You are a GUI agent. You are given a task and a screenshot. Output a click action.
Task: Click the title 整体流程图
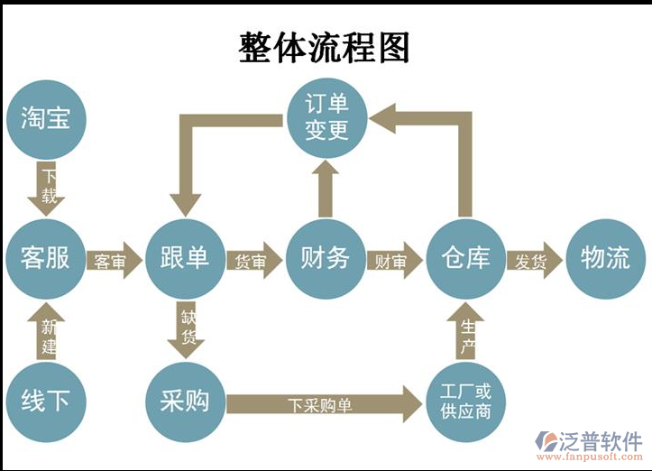click(x=325, y=47)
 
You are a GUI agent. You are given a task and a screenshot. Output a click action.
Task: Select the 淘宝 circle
click(x=45, y=117)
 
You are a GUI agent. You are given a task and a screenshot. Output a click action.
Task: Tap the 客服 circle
click(x=45, y=259)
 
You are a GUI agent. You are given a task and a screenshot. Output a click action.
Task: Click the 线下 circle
click(x=45, y=400)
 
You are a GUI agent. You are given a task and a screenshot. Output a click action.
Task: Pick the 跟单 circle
click(x=185, y=259)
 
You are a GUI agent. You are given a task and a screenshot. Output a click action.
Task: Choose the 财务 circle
click(x=325, y=259)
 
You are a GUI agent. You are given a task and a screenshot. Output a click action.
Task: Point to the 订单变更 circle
click(x=326, y=117)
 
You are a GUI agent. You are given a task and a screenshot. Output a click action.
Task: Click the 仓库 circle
click(x=465, y=259)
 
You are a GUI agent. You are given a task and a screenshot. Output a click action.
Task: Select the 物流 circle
click(x=606, y=259)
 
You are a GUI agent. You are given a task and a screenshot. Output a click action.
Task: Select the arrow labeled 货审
click(x=253, y=262)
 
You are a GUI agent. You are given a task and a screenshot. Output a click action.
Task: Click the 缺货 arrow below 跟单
click(x=188, y=330)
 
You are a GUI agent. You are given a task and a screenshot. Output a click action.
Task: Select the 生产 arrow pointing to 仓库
click(x=466, y=334)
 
